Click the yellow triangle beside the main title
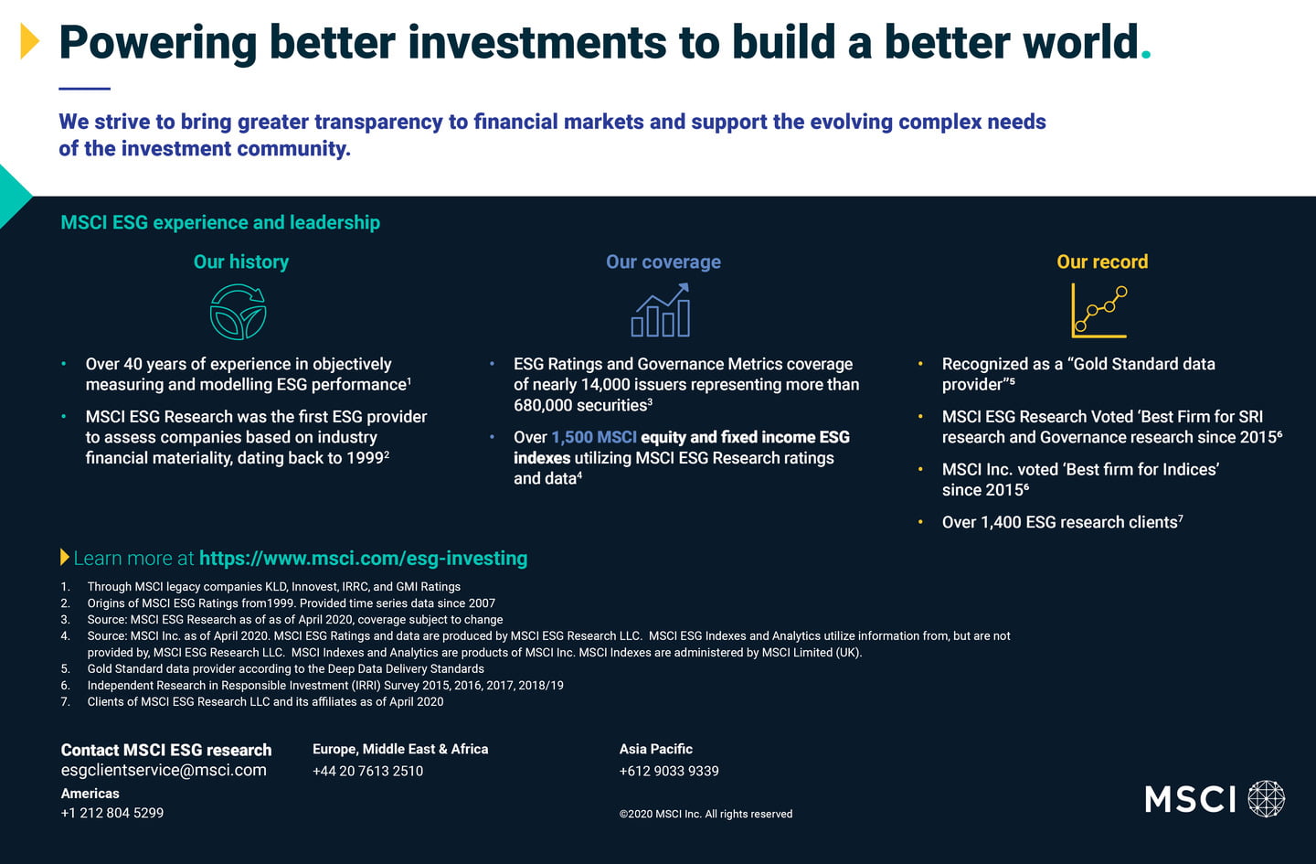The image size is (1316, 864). pyautogui.click(x=29, y=41)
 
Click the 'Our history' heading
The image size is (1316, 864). pyautogui.click(x=241, y=261)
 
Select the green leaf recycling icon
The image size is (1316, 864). pyautogui.click(x=238, y=312)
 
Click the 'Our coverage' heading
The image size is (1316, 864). pyautogui.click(x=663, y=261)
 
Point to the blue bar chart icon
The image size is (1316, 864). pyautogui.click(x=661, y=310)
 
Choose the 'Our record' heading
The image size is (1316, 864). pyautogui.click(x=1102, y=261)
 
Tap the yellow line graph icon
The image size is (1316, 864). pyautogui.click(x=1099, y=311)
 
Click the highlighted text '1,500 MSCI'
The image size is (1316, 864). pyautogui.click(x=594, y=437)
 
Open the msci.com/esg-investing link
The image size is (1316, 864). pyautogui.click(x=363, y=558)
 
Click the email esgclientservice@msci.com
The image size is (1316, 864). pyautogui.click(x=164, y=770)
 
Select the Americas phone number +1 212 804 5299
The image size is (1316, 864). pyautogui.click(x=112, y=813)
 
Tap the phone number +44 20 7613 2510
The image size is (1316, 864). pyautogui.click(x=367, y=771)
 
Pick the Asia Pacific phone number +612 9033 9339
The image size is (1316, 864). pyautogui.click(x=669, y=771)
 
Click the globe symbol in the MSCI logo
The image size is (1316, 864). pyautogui.click(x=1266, y=799)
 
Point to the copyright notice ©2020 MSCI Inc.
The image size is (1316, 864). pyautogui.click(x=706, y=814)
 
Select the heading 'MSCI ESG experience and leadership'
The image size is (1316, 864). pyautogui.click(x=220, y=222)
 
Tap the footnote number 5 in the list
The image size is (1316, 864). pyautogui.click(x=65, y=669)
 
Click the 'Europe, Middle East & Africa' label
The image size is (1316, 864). pyautogui.click(x=400, y=749)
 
